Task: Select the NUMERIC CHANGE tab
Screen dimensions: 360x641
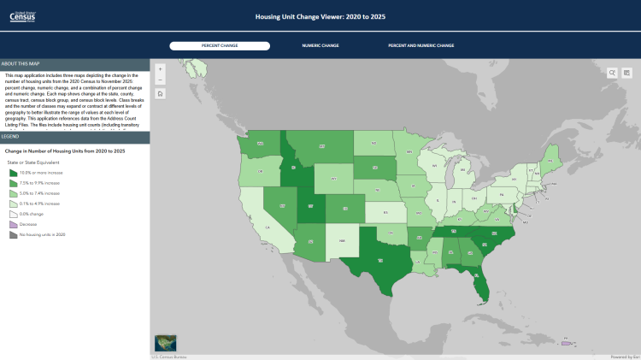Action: [x=320, y=45]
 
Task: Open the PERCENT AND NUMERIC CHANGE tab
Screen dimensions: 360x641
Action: [x=420, y=45]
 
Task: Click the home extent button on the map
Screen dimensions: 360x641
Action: [x=161, y=93]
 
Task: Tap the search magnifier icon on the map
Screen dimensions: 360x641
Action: [x=613, y=73]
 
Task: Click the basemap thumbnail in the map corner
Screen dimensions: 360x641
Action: [x=165, y=343]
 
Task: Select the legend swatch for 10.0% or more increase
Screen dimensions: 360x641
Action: [x=13, y=173]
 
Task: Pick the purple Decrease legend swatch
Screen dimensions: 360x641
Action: [x=13, y=224]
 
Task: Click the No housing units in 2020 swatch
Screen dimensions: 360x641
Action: [x=13, y=234]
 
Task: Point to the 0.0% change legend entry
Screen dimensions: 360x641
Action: [x=34, y=214]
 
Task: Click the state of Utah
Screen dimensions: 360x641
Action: [x=310, y=206]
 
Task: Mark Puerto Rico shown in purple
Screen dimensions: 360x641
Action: [x=566, y=343]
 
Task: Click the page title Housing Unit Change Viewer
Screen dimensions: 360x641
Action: [x=320, y=15]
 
